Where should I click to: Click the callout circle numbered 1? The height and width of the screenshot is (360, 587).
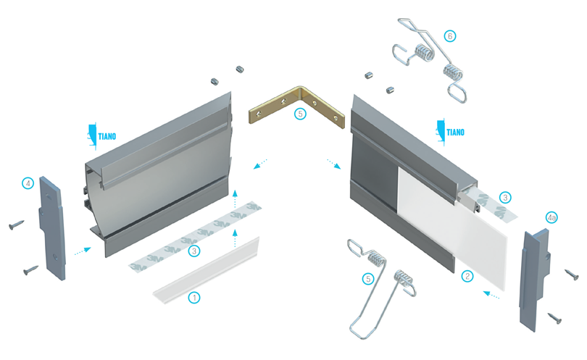point(194,298)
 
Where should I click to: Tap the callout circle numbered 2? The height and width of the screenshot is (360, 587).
point(467,277)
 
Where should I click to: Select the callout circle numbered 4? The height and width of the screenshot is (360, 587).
point(28,183)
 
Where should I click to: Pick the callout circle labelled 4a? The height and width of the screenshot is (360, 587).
point(551,217)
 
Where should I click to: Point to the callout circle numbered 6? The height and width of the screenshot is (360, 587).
point(450,36)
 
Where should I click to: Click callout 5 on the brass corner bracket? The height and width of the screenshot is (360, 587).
point(300,114)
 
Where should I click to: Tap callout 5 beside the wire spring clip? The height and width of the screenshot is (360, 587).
point(368,279)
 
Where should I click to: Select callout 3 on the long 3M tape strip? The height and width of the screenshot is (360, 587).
point(194,251)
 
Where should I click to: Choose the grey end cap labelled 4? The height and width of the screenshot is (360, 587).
point(52,228)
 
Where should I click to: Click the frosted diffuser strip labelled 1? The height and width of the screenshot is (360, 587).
point(207,270)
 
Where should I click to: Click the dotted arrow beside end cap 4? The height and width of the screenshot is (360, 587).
point(83,251)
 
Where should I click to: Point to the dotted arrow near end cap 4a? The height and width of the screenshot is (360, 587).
point(491,295)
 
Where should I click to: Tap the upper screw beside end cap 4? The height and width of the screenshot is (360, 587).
point(17,225)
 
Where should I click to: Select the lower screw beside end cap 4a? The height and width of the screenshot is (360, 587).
point(555,319)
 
